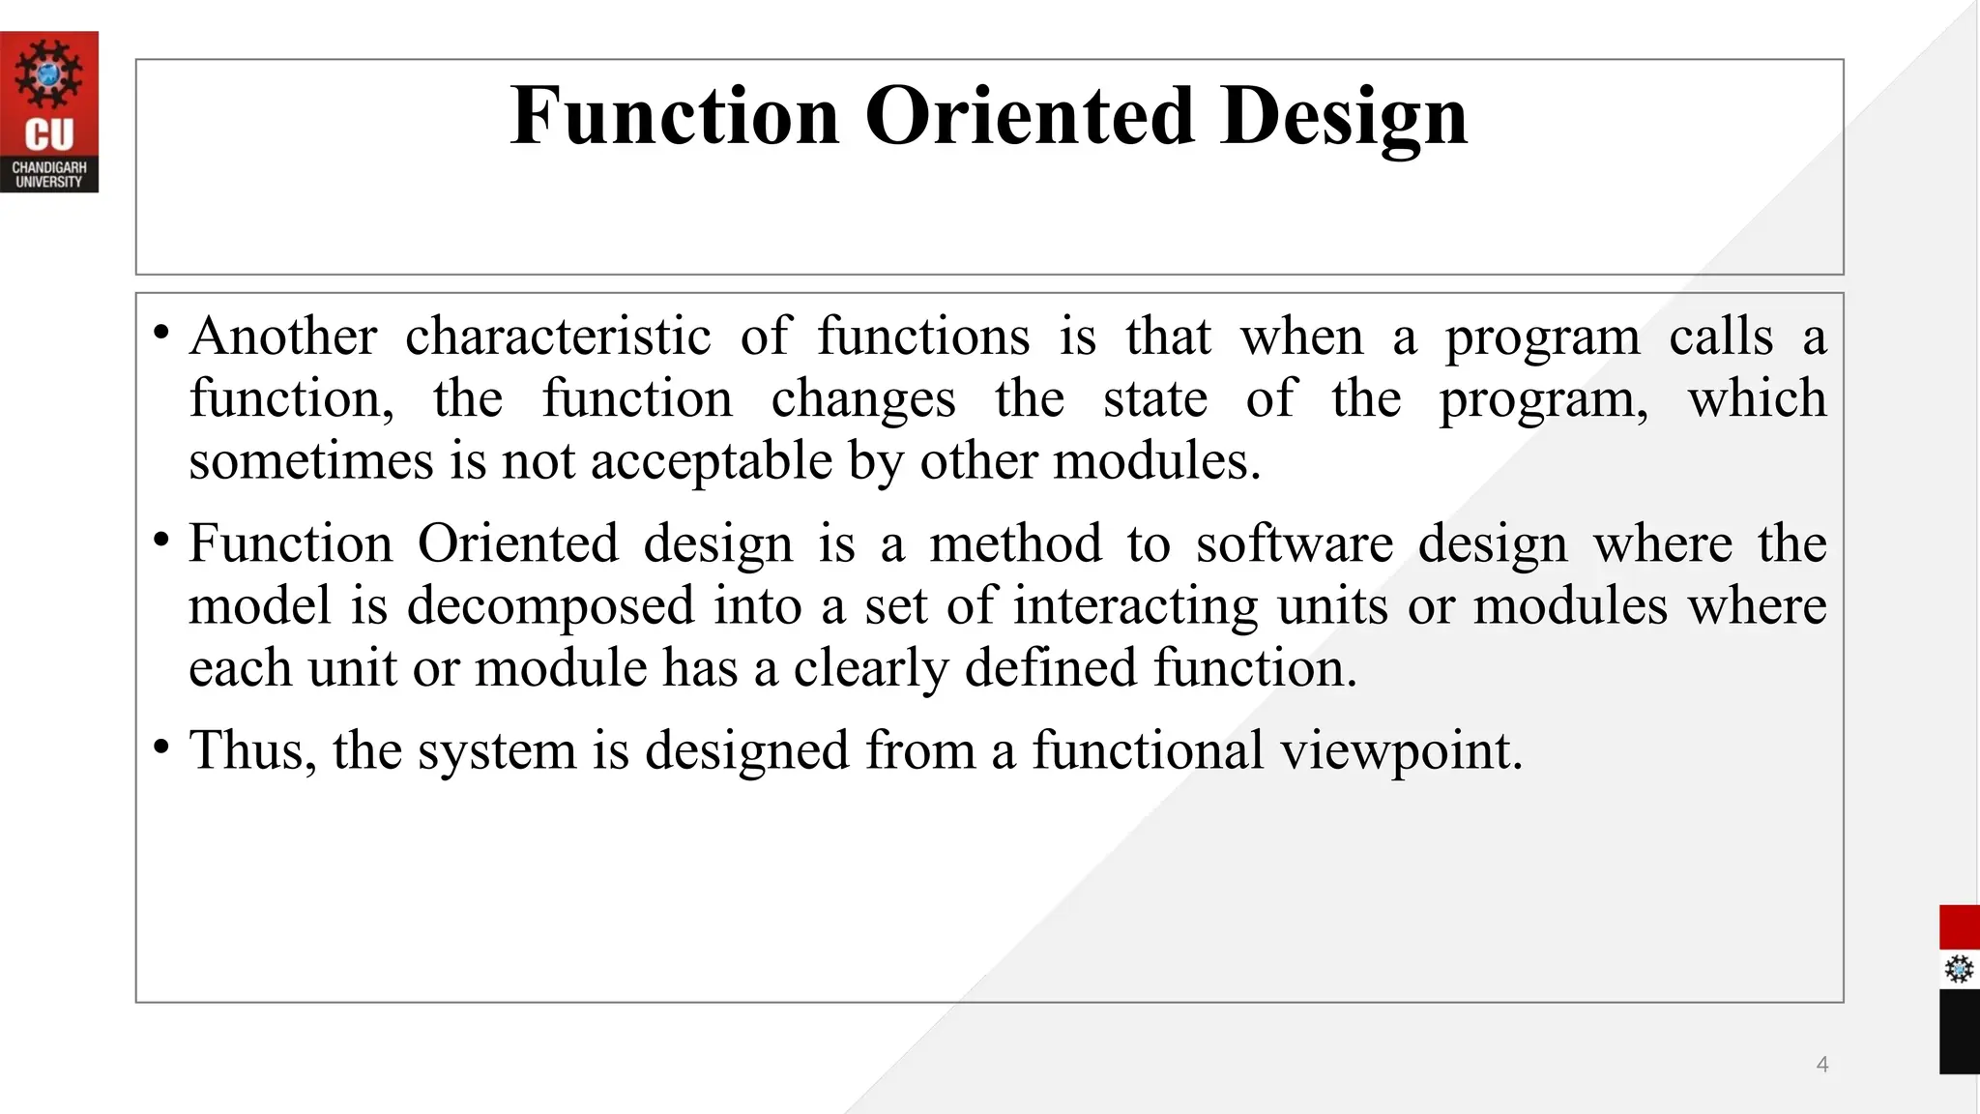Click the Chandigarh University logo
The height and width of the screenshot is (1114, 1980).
pyautogui.click(x=48, y=111)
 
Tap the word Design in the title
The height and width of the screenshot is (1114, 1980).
pyautogui.click(x=1344, y=116)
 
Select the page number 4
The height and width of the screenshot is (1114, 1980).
pyautogui.click(x=1822, y=1065)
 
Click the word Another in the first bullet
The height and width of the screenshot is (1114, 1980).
pyautogui.click(x=283, y=337)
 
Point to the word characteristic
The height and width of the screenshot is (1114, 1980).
pyautogui.click(x=558, y=337)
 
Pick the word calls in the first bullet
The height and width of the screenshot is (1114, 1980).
pyautogui.click(x=1721, y=337)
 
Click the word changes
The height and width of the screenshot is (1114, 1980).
pyautogui.click(x=863, y=398)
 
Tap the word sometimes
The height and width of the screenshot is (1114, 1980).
pyautogui.click(x=310, y=460)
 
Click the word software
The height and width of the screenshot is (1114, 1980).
pyautogui.click(x=1295, y=543)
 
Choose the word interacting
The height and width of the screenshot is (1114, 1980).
pyautogui.click(x=1135, y=605)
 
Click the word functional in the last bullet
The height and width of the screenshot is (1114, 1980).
pyautogui.click(x=1148, y=749)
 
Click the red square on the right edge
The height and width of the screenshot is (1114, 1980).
pyautogui.click(x=1959, y=927)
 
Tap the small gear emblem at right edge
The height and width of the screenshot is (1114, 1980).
pyautogui.click(x=1959, y=969)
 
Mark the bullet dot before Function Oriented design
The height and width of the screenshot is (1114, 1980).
pyautogui.click(x=161, y=540)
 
